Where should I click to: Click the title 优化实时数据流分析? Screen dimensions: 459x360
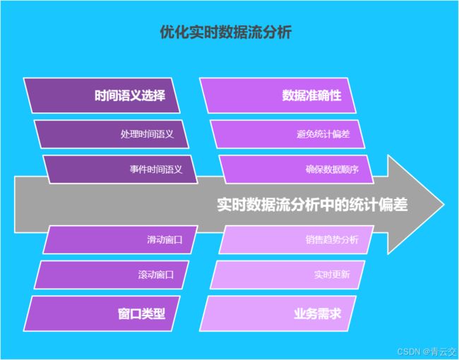(226, 32)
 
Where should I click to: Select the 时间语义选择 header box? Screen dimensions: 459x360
(102, 95)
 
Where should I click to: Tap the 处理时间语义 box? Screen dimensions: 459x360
(112, 134)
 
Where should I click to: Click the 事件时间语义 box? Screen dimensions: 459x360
(120, 169)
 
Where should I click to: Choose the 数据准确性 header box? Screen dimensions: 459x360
(278, 95)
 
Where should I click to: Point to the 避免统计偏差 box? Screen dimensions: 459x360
(287, 134)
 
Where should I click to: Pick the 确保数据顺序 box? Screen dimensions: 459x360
(297, 169)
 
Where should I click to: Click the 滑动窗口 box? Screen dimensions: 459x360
(120, 240)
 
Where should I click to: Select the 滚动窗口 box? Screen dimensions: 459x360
(112, 275)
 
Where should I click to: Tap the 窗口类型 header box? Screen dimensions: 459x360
(102, 313)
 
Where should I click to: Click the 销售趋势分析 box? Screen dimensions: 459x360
(297, 240)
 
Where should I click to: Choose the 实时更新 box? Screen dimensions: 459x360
(287, 275)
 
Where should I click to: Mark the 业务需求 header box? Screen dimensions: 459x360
(278, 313)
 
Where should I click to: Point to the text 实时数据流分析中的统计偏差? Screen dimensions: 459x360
(312, 205)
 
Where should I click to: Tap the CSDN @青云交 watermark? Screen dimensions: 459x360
(427, 352)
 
